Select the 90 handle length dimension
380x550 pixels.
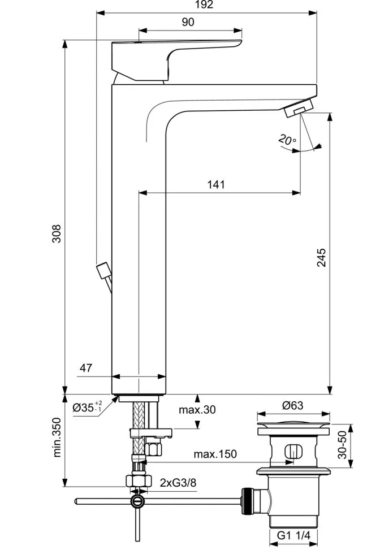[x=188, y=22]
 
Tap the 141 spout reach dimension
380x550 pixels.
[x=216, y=184]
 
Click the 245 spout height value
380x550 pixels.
[x=321, y=258]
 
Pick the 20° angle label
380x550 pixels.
[x=287, y=140]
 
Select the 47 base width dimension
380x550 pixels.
[x=86, y=368]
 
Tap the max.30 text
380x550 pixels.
[x=197, y=409]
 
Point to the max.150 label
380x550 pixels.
[x=215, y=454]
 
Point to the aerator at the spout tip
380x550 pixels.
[x=297, y=108]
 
